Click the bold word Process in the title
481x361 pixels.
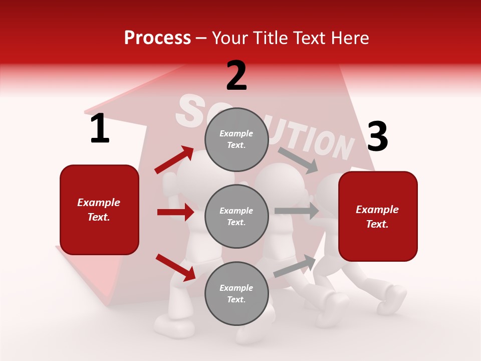click(x=157, y=38)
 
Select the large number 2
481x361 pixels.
click(x=236, y=76)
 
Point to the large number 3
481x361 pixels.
click(x=377, y=137)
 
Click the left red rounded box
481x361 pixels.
click(x=99, y=210)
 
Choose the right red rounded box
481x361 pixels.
click(x=378, y=217)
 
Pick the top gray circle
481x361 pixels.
click(x=236, y=139)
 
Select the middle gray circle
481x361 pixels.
click(x=236, y=217)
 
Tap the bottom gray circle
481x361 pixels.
click(x=236, y=294)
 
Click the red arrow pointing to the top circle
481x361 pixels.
click(x=174, y=160)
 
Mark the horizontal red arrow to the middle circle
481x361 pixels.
click(x=176, y=212)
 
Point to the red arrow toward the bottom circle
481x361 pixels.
click(x=176, y=267)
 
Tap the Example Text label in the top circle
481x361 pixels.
click(x=236, y=139)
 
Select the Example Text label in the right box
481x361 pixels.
click(x=378, y=217)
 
